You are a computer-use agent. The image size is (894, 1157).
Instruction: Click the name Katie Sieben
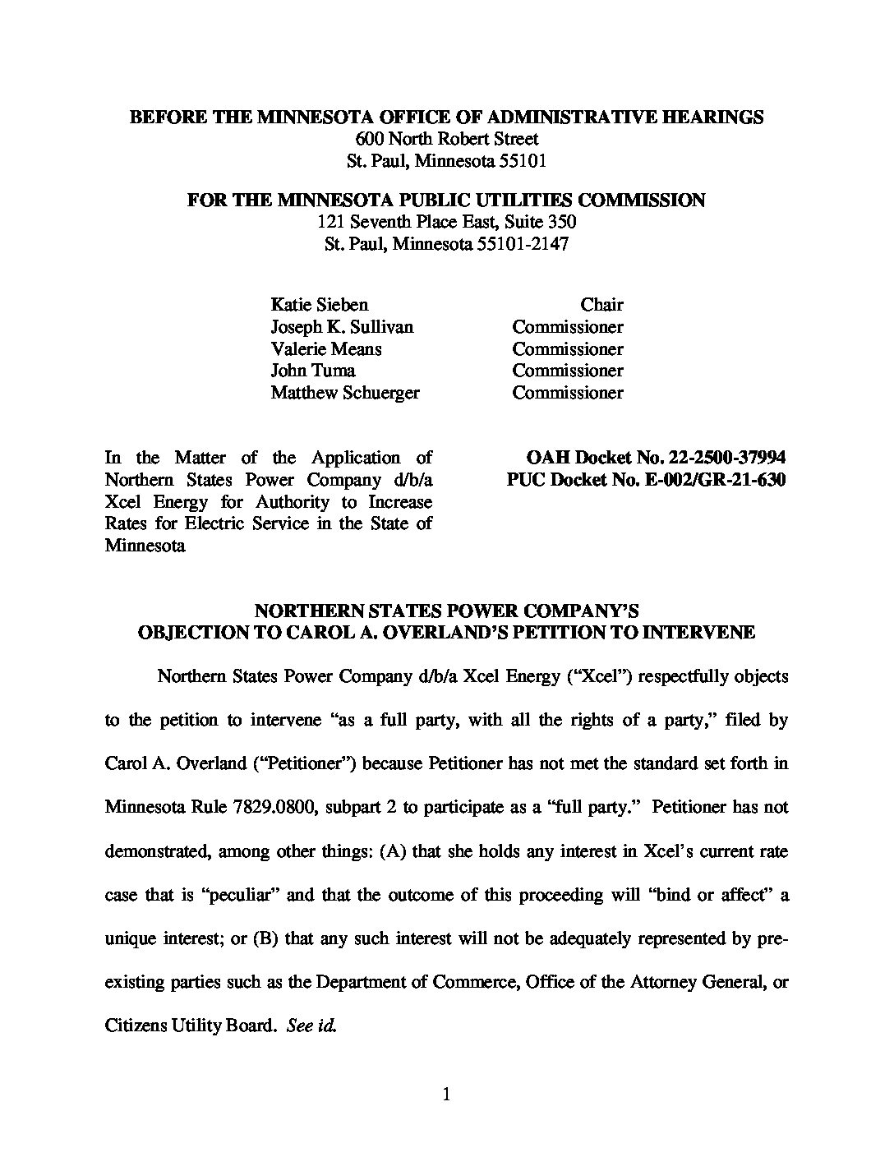[x=320, y=305]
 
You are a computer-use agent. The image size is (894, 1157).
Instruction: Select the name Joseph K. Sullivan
[x=342, y=327]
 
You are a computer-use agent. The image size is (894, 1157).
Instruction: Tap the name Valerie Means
[x=326, y=349]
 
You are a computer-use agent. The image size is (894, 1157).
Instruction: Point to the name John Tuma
[x=313, y=371]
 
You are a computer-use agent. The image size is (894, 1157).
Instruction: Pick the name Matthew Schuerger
[x=345, y=393]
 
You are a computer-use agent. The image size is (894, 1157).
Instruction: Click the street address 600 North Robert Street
[x=447, y=139]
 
